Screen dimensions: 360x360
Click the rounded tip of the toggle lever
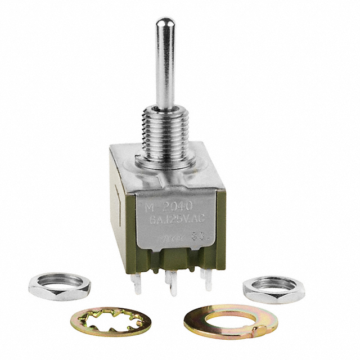click(163, 24)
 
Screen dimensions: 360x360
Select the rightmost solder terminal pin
click(208, 281)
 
